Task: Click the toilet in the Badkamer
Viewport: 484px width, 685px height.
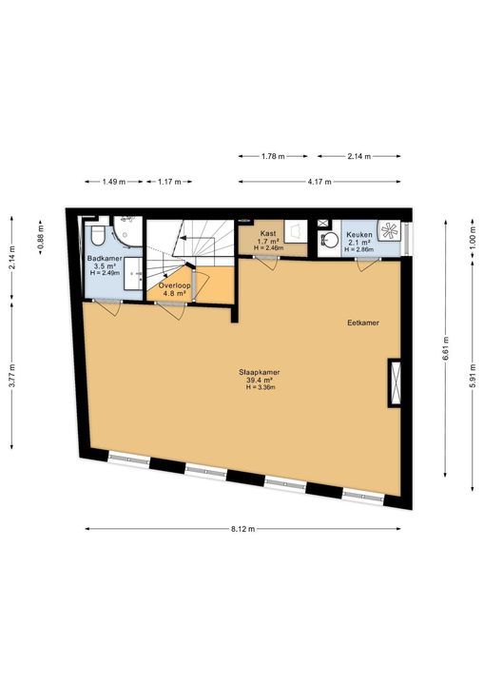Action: coord(98,234)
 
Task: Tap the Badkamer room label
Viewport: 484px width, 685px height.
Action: coord(102,258)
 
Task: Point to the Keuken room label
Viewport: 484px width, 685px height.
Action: coord(359,234)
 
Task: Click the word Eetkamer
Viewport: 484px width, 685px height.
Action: coord(363,323)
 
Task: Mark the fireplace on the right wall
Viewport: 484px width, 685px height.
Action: coord(393,382)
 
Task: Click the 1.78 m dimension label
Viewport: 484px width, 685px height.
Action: coord(274,156)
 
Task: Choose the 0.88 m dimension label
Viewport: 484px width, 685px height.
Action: coord(40,235)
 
